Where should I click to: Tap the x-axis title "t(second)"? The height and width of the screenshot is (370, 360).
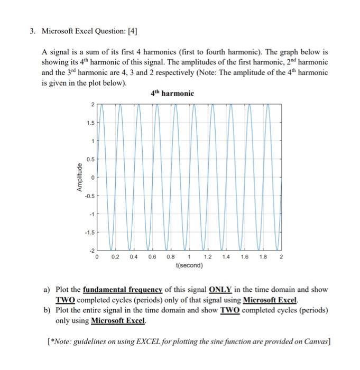(188, 265)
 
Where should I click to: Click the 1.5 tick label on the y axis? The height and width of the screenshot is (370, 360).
(90, 123)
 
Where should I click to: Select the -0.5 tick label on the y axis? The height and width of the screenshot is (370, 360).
(89, 196)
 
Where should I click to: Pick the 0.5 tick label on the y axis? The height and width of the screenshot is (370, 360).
(90, 159)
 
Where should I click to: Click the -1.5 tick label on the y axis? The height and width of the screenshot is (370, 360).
(89, 232)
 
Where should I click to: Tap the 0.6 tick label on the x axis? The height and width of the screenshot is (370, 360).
(152, 257)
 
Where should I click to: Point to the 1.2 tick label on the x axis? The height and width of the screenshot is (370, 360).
(207, 257)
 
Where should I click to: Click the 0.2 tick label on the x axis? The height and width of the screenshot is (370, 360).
(115, 257)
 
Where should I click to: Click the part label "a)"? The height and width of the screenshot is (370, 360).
(47, 290)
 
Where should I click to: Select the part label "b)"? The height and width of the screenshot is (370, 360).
(47, 310)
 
